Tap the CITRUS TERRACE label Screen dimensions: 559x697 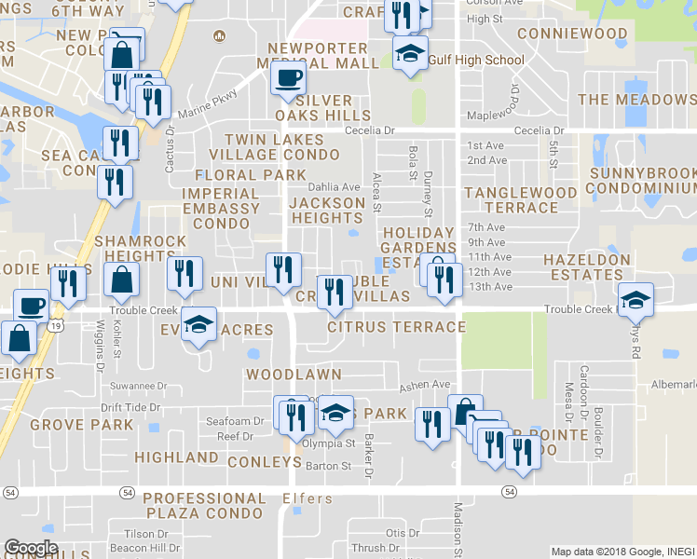pos(396,327)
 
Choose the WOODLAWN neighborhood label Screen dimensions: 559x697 pos(294,374)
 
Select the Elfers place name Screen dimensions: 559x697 pos(307,499)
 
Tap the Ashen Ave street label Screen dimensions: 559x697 pos(425,385)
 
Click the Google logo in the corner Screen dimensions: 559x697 pos(31,548)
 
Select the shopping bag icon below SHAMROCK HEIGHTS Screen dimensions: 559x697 pos(121,278)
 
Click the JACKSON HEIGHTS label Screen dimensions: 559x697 pos(327,210)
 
